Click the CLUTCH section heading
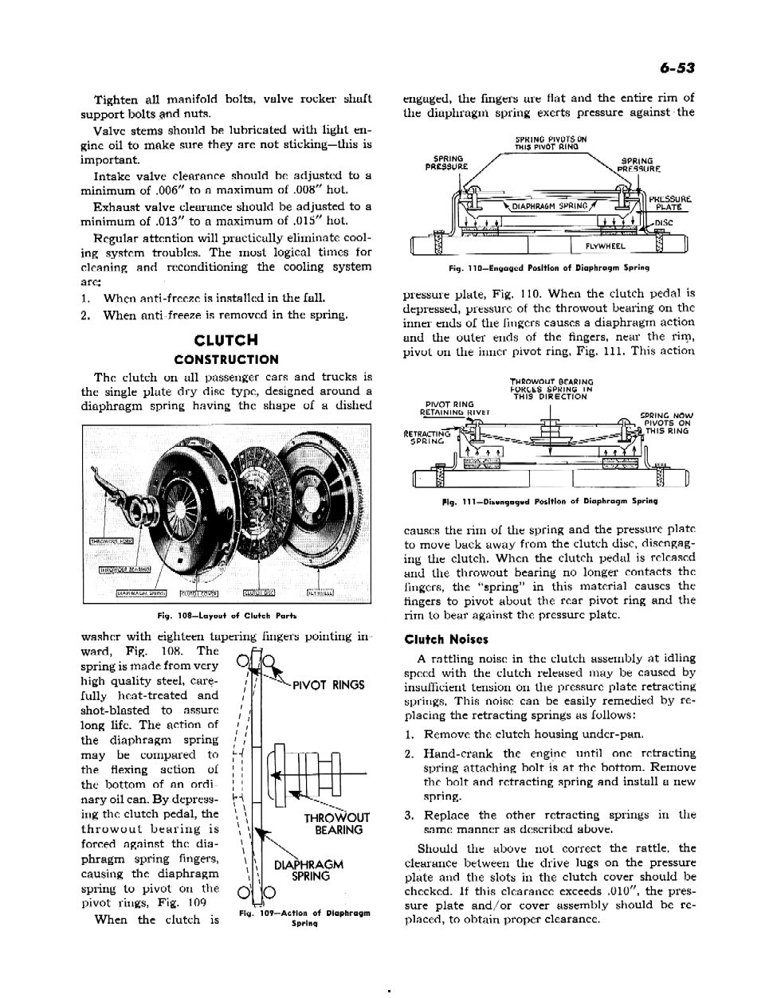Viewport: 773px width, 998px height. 226,342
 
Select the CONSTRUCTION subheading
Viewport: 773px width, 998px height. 226,359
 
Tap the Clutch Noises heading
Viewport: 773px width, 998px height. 446,639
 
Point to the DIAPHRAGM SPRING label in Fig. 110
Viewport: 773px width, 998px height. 549,206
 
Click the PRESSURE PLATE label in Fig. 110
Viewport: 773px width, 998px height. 669,204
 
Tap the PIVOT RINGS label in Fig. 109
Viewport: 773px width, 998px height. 329,685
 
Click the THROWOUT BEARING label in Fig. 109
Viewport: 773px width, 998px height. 337,824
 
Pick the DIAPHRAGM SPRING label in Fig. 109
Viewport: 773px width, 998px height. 308,871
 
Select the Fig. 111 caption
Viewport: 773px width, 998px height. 549,501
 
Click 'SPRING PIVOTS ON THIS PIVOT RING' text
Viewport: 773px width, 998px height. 551,143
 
